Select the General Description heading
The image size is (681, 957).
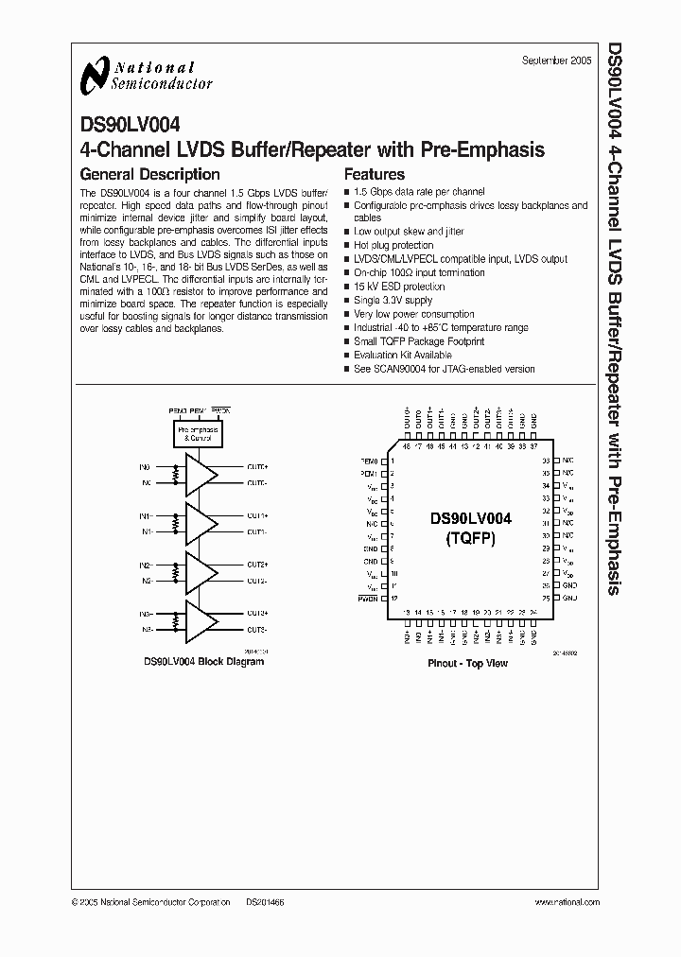[x=149, y=174]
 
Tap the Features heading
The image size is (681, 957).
[x=374, y=174]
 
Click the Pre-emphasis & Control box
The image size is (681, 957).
[x=199, y=435]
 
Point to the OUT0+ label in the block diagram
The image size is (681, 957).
[x=257, y=466]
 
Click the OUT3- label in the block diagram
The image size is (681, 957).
[x=257, y=630]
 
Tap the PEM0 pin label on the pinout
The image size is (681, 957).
[x=369, y=461]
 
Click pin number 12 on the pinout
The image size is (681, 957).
[x=393, y=598]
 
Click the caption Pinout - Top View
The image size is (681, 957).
[x=468, y=664]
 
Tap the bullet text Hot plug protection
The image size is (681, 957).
[x=393, y=245]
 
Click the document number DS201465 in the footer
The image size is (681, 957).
[x=266, y=903]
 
